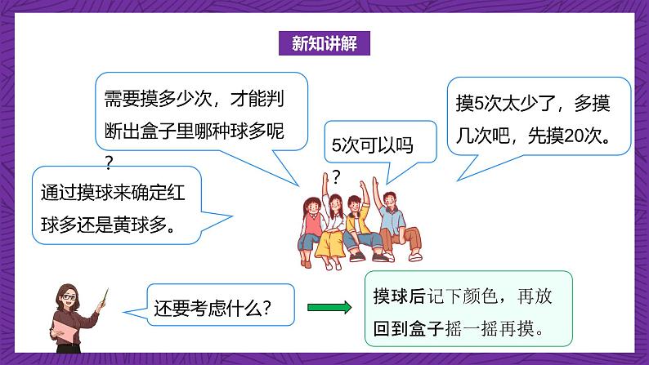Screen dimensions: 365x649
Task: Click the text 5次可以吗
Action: (x=369, y=147)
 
